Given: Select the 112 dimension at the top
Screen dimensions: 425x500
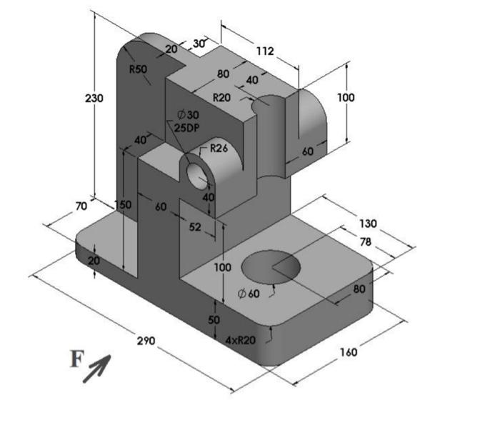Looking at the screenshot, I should coord(264,51).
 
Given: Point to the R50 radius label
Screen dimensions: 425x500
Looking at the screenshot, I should coord(138,69).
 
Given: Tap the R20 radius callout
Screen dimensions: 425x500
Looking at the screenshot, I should coord(222,97).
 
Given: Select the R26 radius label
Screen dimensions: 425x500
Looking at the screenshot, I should coord(218,149).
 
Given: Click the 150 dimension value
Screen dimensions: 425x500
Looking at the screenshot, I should coord(124,204).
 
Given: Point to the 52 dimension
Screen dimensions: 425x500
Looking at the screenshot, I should coord(194,226).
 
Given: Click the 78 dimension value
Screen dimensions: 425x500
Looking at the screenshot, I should coord(365,242).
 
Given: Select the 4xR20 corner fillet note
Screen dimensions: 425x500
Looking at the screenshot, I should coord(240,341).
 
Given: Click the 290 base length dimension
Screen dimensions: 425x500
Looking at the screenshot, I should coord(146,341).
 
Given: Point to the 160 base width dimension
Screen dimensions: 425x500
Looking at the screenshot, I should coord(348,352).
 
